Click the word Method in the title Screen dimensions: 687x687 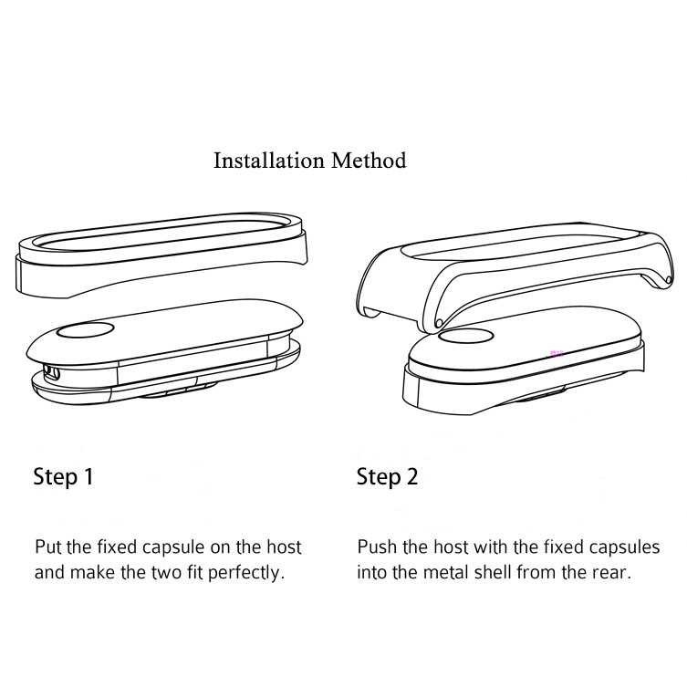(369, 161)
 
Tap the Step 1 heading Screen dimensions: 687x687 (63, 476)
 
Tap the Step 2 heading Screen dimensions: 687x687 (387, 476)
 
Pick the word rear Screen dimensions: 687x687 (614, 573)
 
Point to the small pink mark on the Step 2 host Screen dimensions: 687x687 (552, 348)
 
